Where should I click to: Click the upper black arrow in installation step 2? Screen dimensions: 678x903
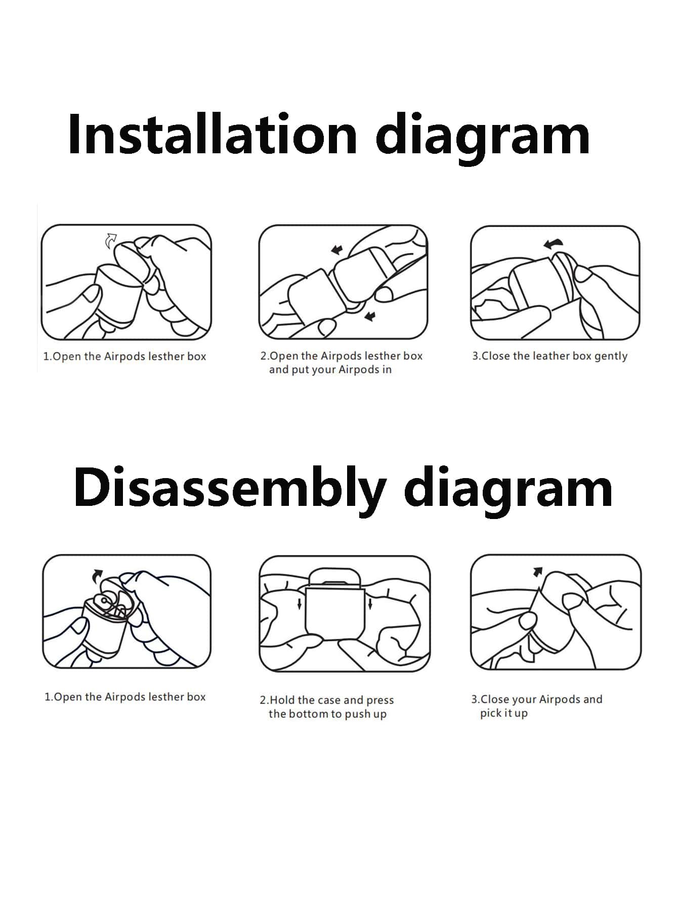(x=337, y=249)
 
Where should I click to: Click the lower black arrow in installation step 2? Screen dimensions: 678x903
(x=370, y=316)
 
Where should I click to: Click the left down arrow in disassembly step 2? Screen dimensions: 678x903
(x=300, y=603)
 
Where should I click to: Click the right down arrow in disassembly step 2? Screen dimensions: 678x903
(x=371, y=603)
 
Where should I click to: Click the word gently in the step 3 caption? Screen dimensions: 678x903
(x=611, y=357)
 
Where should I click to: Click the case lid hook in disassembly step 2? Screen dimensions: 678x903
(x=335, y=577)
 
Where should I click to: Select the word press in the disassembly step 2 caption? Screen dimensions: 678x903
(x=380, y=701)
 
